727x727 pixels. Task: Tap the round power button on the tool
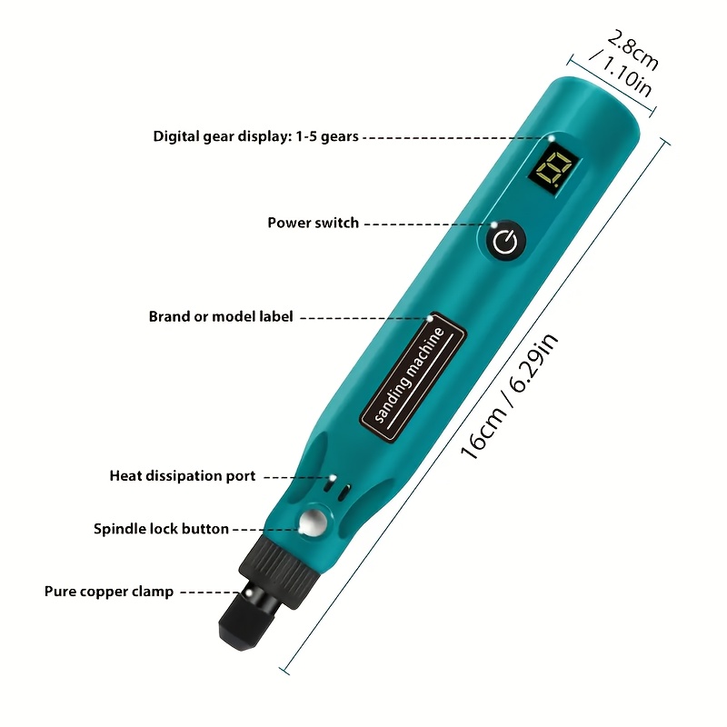[x=506, y=241]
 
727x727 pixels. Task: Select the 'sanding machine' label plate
[x=413, y=377]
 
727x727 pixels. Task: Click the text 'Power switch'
[x=313, y=223]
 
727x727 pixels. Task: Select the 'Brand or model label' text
[x=221, y=316]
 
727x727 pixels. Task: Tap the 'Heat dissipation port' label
[x=183, y=476]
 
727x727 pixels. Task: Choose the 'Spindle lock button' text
[x=161, y=529]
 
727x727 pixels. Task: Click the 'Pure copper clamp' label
[x=109, y=593]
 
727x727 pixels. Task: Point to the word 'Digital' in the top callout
[x=176, y=137]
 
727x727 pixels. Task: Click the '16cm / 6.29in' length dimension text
[x=509, y=396]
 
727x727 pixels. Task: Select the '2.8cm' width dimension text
[x=632, y=50]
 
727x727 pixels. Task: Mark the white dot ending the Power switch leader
[x=494, y=224]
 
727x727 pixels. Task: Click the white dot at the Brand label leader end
[x=430, y=319]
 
